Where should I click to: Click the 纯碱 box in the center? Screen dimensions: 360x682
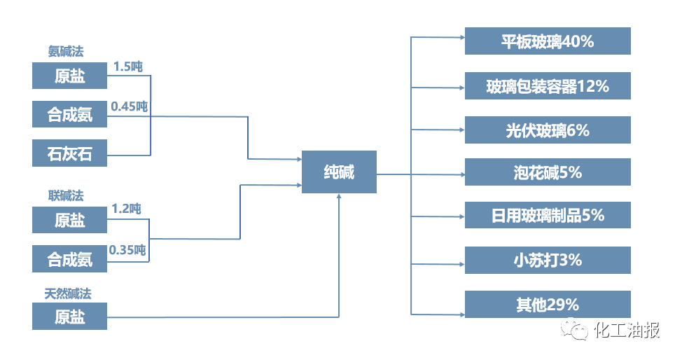339,172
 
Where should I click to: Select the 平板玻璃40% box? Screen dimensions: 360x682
548,41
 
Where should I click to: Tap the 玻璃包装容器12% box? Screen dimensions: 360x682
548,86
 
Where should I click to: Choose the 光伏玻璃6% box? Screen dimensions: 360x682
548,130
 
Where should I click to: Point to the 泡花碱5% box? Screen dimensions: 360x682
548,172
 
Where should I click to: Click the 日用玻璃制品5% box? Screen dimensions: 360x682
548,215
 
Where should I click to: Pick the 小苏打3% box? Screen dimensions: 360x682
548,260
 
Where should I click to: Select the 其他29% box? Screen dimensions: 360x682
548,305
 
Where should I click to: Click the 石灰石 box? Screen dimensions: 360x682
70,153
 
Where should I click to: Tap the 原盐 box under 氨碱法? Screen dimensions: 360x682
70,76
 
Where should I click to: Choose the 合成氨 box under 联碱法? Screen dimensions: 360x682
70,259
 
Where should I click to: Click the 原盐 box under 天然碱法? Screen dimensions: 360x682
70,317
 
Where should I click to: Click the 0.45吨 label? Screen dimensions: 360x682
130,106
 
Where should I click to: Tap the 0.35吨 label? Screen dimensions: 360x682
127,249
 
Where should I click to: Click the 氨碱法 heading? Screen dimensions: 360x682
67,51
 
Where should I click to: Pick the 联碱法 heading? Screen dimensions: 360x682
66,195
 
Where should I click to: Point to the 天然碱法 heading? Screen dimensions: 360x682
68,293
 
